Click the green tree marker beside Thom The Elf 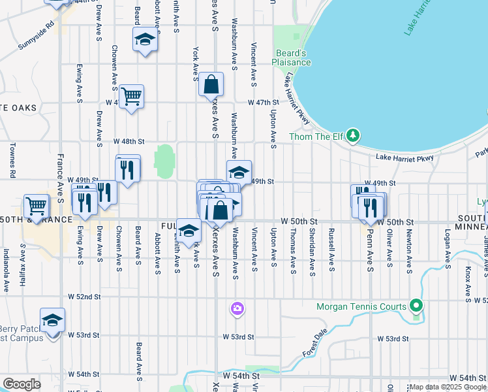353,135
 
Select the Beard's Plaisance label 292,57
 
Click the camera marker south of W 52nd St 237,308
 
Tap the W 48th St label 128,141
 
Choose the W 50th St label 299,222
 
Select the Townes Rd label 12,161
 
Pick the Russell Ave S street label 331,250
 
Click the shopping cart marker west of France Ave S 37,206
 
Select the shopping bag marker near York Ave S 211,84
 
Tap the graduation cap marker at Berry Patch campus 52,320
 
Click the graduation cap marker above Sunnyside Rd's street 145,39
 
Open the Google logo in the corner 22,384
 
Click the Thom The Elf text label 316,137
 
